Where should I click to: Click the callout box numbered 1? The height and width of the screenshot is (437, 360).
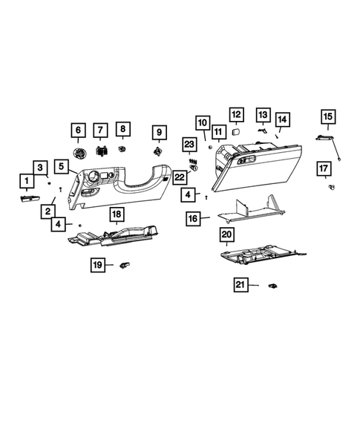26,180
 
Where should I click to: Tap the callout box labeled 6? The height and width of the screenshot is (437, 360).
77,131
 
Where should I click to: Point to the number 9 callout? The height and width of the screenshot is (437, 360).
157,132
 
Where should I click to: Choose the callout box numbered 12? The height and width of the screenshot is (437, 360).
235,114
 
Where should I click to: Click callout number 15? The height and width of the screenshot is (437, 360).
327,116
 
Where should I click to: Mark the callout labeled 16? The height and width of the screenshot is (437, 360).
192,219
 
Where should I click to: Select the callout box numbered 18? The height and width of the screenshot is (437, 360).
117,215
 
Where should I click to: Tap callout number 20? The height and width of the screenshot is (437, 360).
227,234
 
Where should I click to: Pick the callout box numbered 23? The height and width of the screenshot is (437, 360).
189,144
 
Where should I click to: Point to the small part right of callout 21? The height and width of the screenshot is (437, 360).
273,285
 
